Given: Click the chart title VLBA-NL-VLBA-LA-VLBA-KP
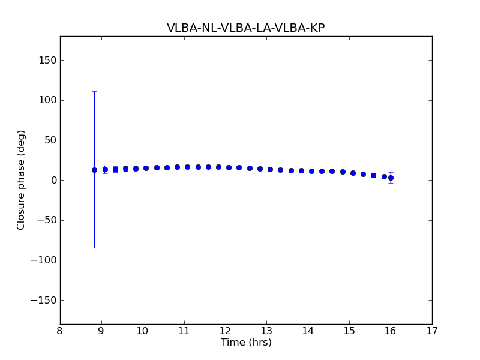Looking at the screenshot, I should click(245, 28).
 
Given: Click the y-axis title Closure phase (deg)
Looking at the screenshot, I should click(22, 180).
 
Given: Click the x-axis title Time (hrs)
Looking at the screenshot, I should click(246, 343).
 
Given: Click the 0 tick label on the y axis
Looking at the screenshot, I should click(52, 180).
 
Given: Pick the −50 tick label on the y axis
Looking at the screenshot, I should click(46, 220).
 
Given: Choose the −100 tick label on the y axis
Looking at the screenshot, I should click(43, 260).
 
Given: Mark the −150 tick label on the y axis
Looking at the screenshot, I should click(43, 300).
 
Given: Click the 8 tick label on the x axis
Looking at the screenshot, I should click(60, 331).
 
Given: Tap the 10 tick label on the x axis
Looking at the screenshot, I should click(143, 331).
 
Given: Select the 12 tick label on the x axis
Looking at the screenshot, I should click(225, 331).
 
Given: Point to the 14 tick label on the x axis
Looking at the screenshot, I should click(308, 331).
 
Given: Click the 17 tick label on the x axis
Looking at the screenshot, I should click(432, 331).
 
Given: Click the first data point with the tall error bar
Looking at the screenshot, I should click(94, 170).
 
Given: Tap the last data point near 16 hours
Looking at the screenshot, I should click(391, 178).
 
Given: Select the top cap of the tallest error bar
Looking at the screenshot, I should click(94, 92).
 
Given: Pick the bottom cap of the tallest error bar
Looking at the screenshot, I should click(94, 248).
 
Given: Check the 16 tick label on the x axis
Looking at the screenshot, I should click(391, 331).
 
